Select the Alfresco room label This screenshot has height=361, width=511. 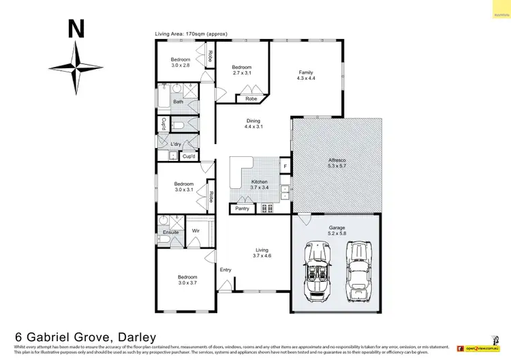[337, 162]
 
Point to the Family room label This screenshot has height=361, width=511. [306, 75]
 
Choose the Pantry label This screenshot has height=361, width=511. [243, 208]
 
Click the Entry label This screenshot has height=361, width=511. [226, 270]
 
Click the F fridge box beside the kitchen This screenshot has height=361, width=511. [285, 166]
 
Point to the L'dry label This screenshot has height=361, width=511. [176, 143]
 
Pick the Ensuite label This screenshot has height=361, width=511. [170, 232]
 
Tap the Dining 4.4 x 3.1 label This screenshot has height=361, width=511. [253, 124]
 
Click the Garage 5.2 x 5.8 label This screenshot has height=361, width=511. [337, 230]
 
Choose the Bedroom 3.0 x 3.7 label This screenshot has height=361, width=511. [187, 279]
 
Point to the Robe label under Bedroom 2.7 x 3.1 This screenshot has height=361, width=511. [251, 98]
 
